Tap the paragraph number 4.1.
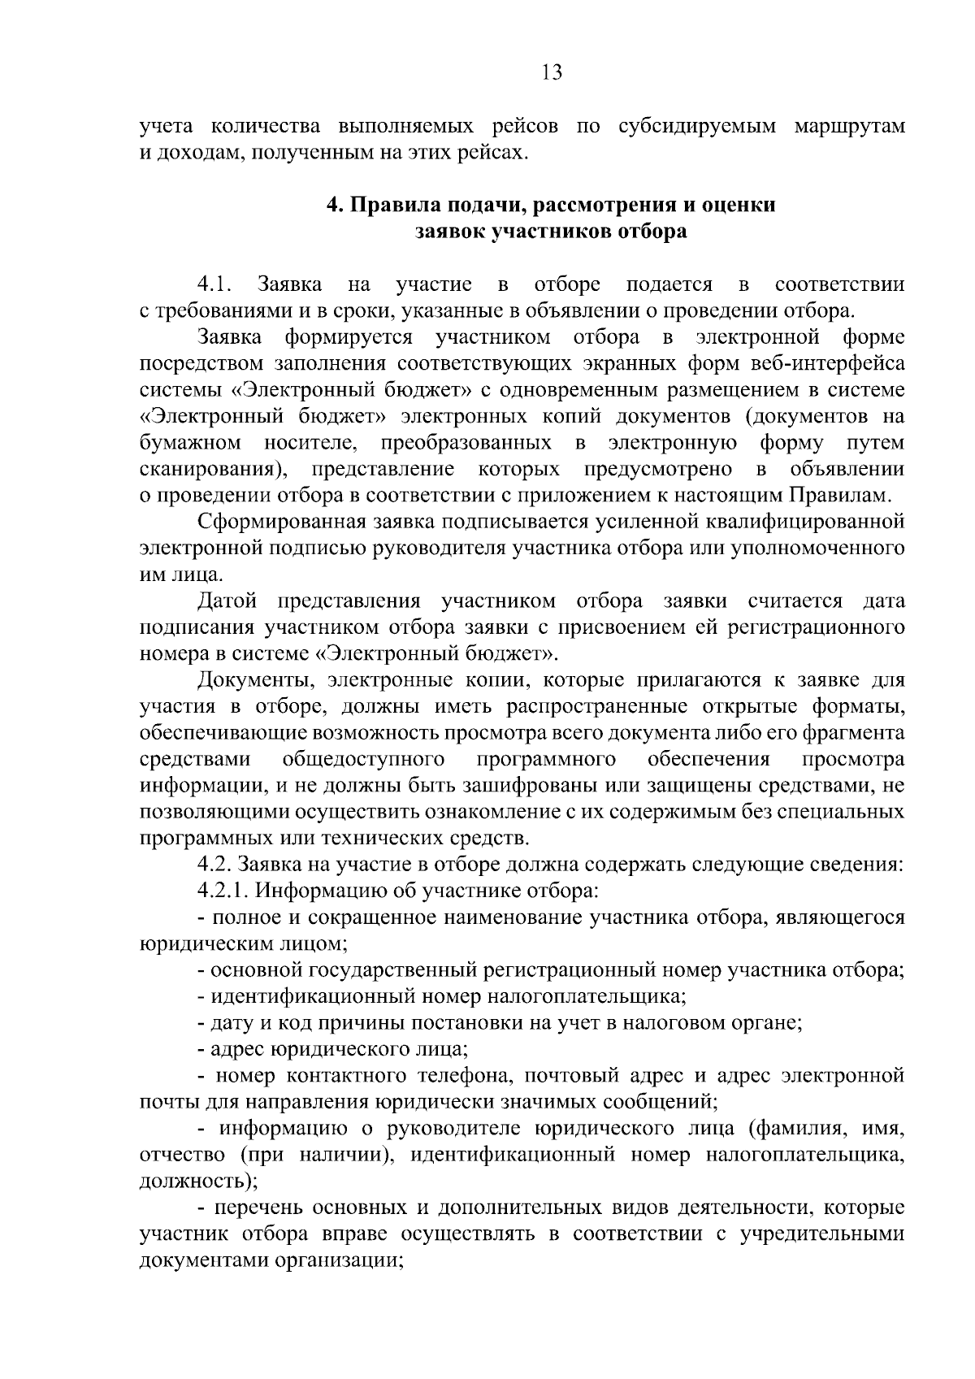[214, 284]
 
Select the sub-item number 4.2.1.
[223, 891]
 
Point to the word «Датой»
[227, 601]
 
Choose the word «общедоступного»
[364, 760]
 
